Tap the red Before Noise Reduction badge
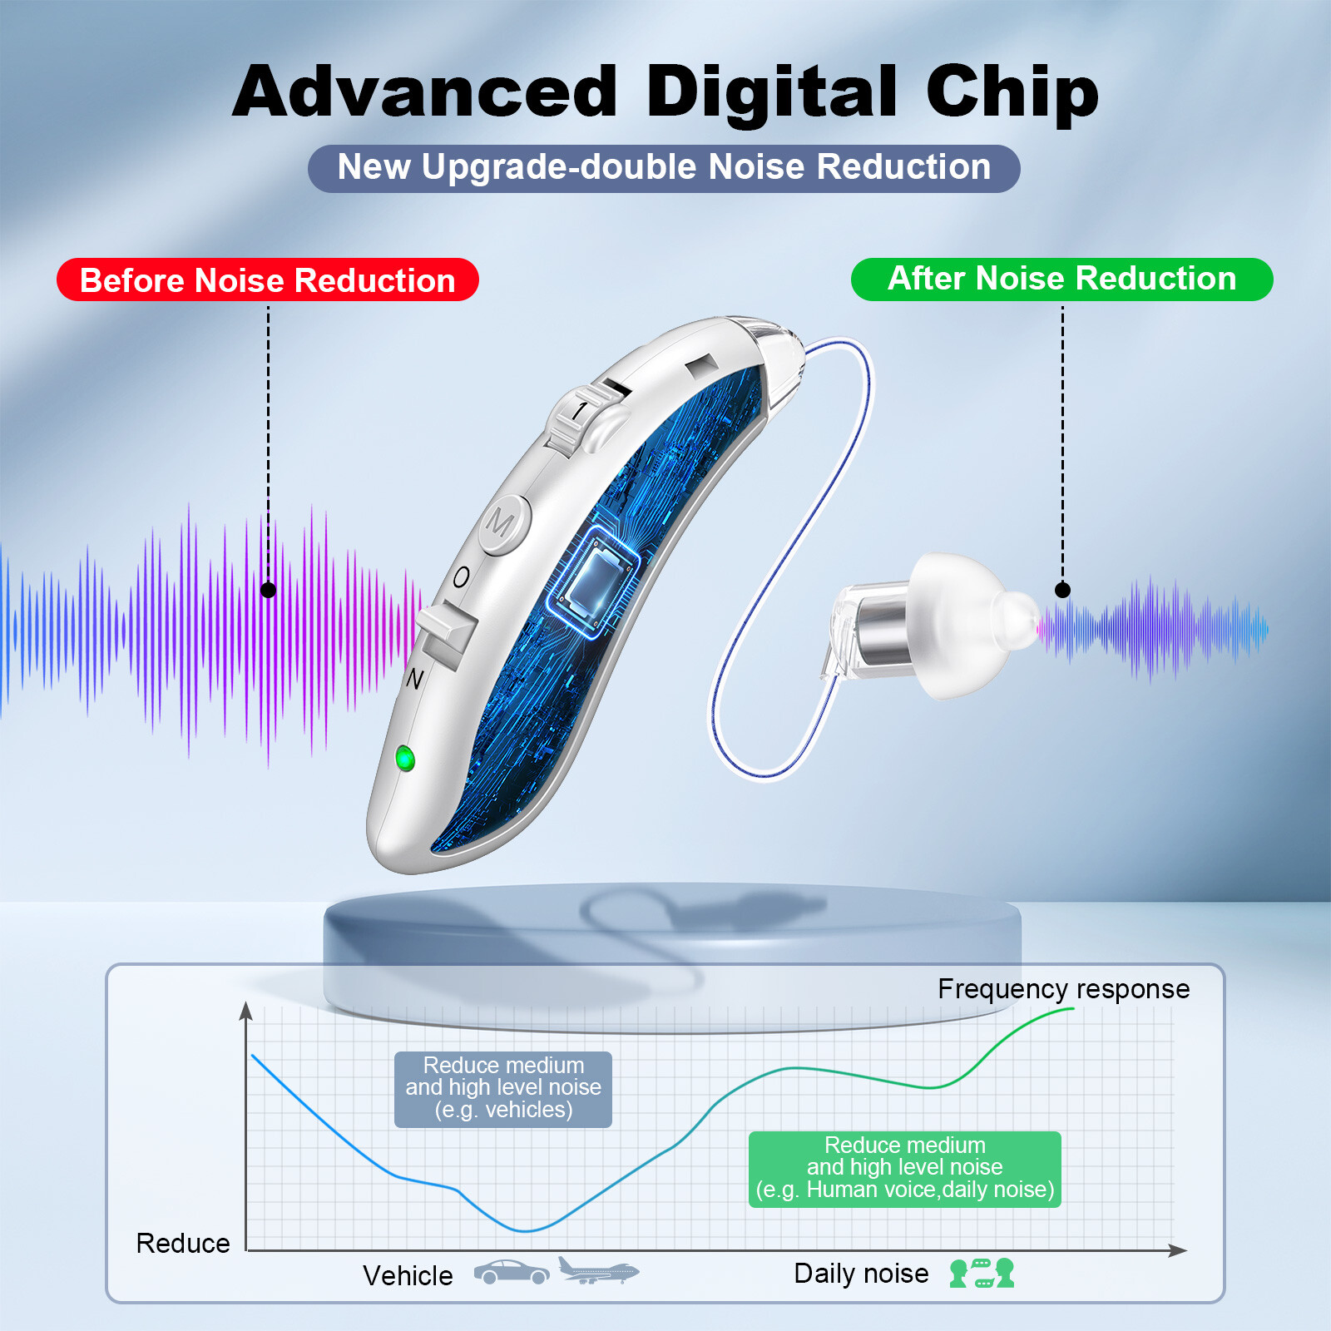point(267,280)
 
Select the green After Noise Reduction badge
point(1061,279)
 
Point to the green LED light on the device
point(405,758)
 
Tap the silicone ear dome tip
point(969,624)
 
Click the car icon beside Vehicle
point(512,1272)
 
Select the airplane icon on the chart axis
point(597,1270)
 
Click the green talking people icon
point(982,1273)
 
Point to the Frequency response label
point(1063,989)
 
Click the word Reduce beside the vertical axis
point(183,1243)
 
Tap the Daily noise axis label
point(861,1274)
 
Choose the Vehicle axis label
point(408,1275)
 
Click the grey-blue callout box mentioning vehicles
point(502,1089)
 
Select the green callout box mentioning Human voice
point(904,1169)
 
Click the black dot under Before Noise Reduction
point(268,590)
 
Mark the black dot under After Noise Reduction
point(1062,590)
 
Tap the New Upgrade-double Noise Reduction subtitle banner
point(664,168)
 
